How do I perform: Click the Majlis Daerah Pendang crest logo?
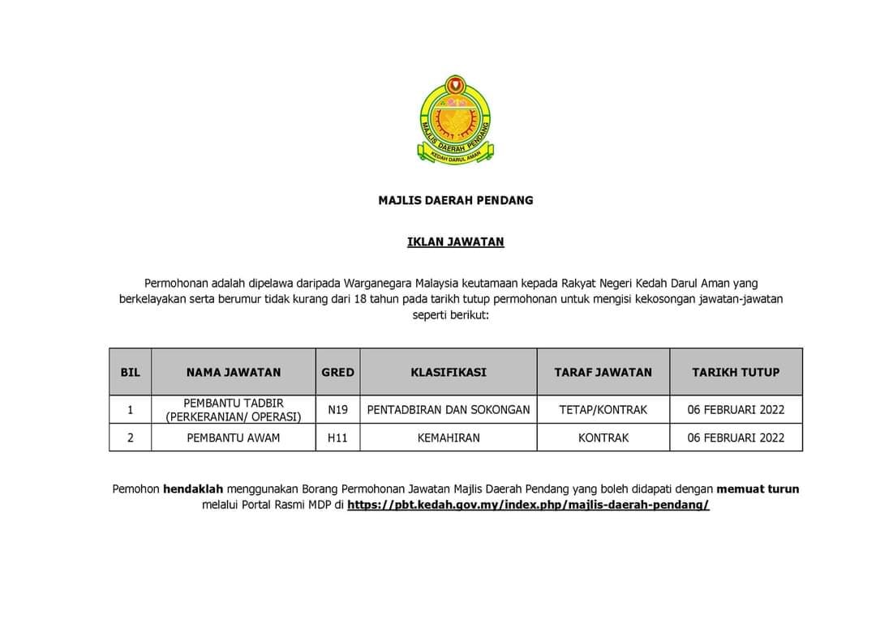(455, 120)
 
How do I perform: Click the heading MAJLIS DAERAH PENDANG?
(456, 200)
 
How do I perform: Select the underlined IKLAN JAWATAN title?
(456, 241)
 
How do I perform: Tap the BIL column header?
(130, 373)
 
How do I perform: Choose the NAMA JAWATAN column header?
(234, 373)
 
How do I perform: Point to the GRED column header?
(337, 373)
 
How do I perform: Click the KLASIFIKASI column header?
(449, 373)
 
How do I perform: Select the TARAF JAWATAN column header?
(603, 373)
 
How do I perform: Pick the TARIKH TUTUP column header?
(736, 373)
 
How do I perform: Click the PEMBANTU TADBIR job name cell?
(234, 410)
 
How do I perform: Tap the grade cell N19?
(337, 410)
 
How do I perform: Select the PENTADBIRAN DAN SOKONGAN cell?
(449, 410)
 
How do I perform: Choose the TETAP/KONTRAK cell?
(603, 410)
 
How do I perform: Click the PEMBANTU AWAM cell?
(234, 438)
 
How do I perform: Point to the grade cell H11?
(337, 438)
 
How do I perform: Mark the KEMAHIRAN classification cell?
(449, 438)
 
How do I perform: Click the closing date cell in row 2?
(736, 438)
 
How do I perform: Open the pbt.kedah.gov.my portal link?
(528, 505)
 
